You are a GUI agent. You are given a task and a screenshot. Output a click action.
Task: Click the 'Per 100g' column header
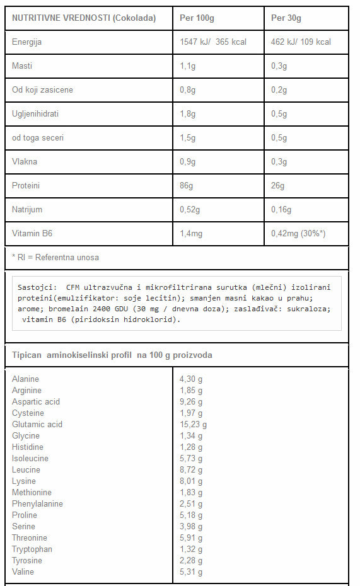pyautogui.click(x=197, y=18)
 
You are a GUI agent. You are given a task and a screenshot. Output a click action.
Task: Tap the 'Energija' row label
pyautogui.click(x=27, y=42)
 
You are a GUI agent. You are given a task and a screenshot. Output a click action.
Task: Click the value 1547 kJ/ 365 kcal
pyautogui.click(x=213, y=42)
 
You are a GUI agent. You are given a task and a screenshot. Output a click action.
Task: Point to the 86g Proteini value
pyautogui.click(x=186, y=186)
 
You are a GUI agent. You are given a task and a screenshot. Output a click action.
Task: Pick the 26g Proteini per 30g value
pyautogui.click(x=277, y=186)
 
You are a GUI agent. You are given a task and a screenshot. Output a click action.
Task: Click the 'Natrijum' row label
pyautogui.click(x=27, y=210)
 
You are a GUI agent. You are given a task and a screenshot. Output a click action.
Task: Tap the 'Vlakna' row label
pyautogui.click(x=25, y=162)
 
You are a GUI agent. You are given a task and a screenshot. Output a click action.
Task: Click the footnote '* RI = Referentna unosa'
pyautogui.click(x=55, y=258)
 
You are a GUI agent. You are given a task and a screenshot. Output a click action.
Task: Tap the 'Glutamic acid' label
pyautogui.click(x=37, y=425)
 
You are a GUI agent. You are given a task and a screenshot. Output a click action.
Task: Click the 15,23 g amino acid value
pyautogui.click(x=194, y=425)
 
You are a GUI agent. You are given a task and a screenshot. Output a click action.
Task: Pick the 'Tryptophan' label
pyautogui.click(x=32, y=549)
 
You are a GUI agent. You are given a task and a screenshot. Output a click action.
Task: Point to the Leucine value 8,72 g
pyautogui.click(x=191, y=470)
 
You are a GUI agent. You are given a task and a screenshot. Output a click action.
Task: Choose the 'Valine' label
pyautogui.click(x=23, y=572)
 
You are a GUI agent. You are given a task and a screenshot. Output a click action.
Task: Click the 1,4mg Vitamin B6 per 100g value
pyautogui.click(x=191, y=234)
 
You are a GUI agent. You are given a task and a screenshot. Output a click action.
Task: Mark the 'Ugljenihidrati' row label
pyautogui.click(x=38, y=114)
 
